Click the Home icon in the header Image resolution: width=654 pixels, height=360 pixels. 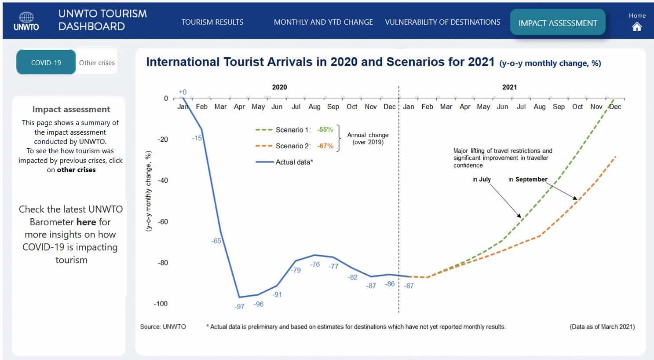pos(637,26)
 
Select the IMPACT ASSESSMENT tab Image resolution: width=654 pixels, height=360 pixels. pos(558,23)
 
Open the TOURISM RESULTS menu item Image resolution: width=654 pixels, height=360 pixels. pos(212,22)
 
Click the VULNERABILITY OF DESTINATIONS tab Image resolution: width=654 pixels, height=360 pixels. pos(442,22)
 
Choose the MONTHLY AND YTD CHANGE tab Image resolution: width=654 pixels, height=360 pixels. pos(323,22)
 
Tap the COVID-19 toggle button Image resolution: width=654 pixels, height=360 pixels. pos(46,62)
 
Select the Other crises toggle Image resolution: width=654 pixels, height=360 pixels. pos(97,62)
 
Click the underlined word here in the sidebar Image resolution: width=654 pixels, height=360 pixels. pos(86,222)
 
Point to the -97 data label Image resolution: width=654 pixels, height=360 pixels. pos(239,306)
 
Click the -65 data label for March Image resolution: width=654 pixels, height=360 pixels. pos(216,241)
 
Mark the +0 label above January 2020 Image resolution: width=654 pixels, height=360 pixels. pos(183,92)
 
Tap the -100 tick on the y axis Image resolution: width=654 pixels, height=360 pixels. pos(161,304)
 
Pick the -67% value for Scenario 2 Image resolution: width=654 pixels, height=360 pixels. pos(325,146)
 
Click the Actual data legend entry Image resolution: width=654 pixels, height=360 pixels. pos(294,162)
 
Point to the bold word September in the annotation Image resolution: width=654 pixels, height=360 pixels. pos(531,179)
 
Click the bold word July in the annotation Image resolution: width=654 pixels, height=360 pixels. pos(485,179)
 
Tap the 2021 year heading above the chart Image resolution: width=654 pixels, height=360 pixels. pos(509,87)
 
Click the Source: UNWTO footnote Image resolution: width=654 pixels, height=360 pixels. pos(163,327)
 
